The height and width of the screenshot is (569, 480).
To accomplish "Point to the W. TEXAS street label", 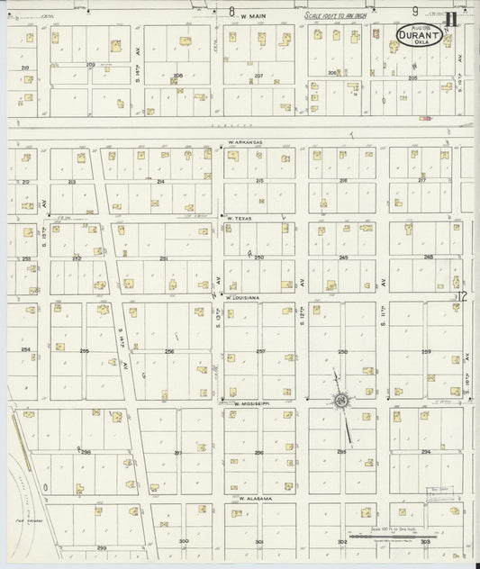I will pos(240,218).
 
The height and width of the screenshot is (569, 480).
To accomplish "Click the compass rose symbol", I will pos(342,400).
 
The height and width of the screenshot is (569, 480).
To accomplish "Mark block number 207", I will pos(258,76).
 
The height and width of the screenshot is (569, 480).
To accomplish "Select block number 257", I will pos(260,351).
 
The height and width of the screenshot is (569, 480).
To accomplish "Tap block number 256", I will pos(168,351).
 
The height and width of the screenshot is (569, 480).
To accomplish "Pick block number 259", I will pos(426,351).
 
